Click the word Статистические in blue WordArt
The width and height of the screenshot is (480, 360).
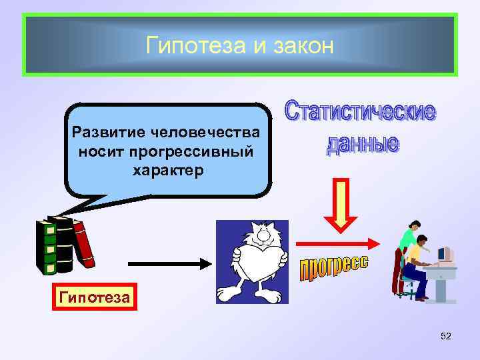click(x=361, y=111)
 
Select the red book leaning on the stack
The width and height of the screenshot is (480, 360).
click(x=84, y=241)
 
